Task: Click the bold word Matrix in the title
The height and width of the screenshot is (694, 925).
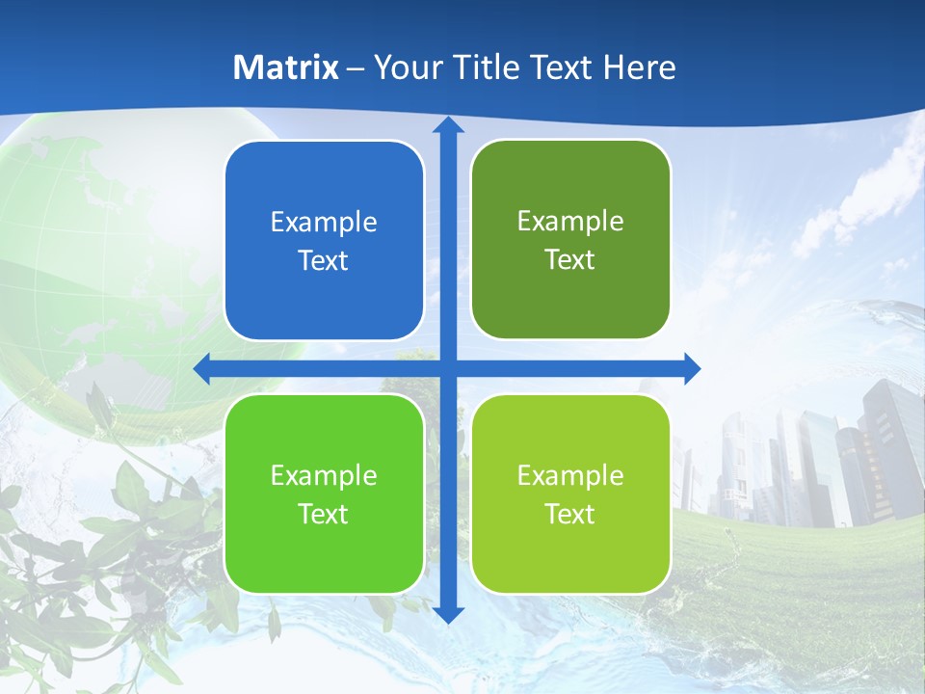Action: pyautogui.click(x=286, y=67)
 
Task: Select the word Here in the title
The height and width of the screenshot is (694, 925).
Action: pyautogui.click(x=640, y=67)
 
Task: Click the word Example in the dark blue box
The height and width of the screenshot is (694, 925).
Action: pyautogui.click(x=324, y=223)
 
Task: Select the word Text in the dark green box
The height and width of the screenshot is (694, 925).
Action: pyautogui.click(x=570, y=260)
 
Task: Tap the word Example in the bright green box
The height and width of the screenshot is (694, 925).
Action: pyautogui.click(x=324, y=476)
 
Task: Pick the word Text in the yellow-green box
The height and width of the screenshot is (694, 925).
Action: pyautogui.click(x=570, y=515)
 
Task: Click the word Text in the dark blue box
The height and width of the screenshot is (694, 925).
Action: pyautogui.click(x=324, y=261)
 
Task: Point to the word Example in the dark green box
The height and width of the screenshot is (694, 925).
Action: pyautogui.click(x=570, y=222)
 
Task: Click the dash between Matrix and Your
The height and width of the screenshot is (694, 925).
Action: pyautogui.click(x=356, y=68)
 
